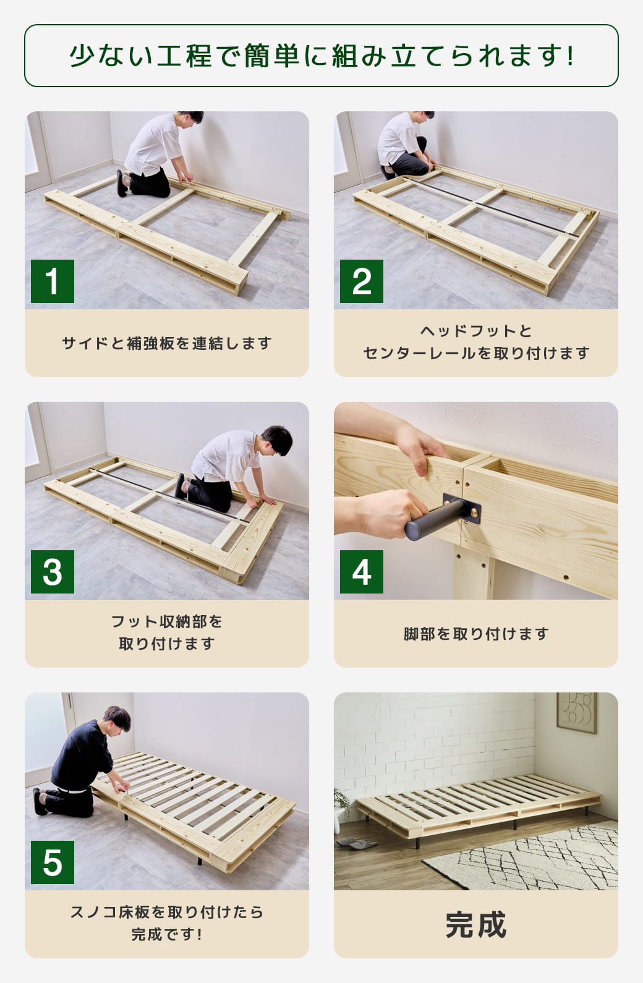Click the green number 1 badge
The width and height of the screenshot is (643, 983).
(x=53, y=281)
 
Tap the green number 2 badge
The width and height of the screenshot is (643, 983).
(x=362, y=281)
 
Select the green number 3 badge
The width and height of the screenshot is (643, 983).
(x=53, y=572)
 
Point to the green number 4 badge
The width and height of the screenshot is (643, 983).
(x=362, y=572)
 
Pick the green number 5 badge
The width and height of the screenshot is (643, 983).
(x=53, y=862)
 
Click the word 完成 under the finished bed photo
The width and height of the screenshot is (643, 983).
(x=475, y=925)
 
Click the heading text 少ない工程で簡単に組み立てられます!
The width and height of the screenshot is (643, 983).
(x=321, y=56)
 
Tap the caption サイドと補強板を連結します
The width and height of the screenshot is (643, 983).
(x=167, y=343)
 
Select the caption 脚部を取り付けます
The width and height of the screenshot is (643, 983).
(x=475, y=634)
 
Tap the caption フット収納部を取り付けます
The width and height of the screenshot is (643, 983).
(x=167, y=632)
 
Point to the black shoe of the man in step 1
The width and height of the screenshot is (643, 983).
(x=121, y=184)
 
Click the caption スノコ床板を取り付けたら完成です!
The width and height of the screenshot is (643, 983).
(x=167, y=923)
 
